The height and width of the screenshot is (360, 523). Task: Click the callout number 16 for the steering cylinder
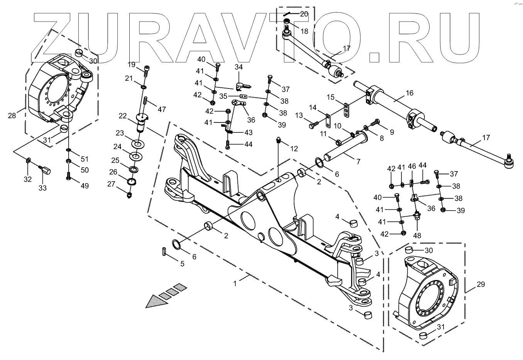coord(409,93)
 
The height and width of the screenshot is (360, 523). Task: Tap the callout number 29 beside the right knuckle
coord(481,285)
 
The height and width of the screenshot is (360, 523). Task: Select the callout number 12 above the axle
coord(294,149)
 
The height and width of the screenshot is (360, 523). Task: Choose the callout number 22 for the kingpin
coord(122,116)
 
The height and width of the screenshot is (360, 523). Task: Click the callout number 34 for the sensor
coord(239,67)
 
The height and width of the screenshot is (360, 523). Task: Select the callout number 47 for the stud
coord(161,109)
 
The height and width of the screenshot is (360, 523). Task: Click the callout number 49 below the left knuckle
coord(84,186)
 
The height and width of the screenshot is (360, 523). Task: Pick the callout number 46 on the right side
coord(412,166)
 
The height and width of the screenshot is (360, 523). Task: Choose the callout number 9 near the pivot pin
coord(391,132)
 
